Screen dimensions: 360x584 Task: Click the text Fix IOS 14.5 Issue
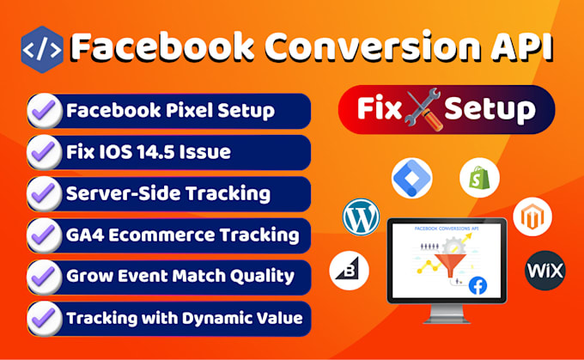[148, 152]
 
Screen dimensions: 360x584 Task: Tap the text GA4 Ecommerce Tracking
[182, 235]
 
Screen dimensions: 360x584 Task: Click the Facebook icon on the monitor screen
[477, 286]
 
